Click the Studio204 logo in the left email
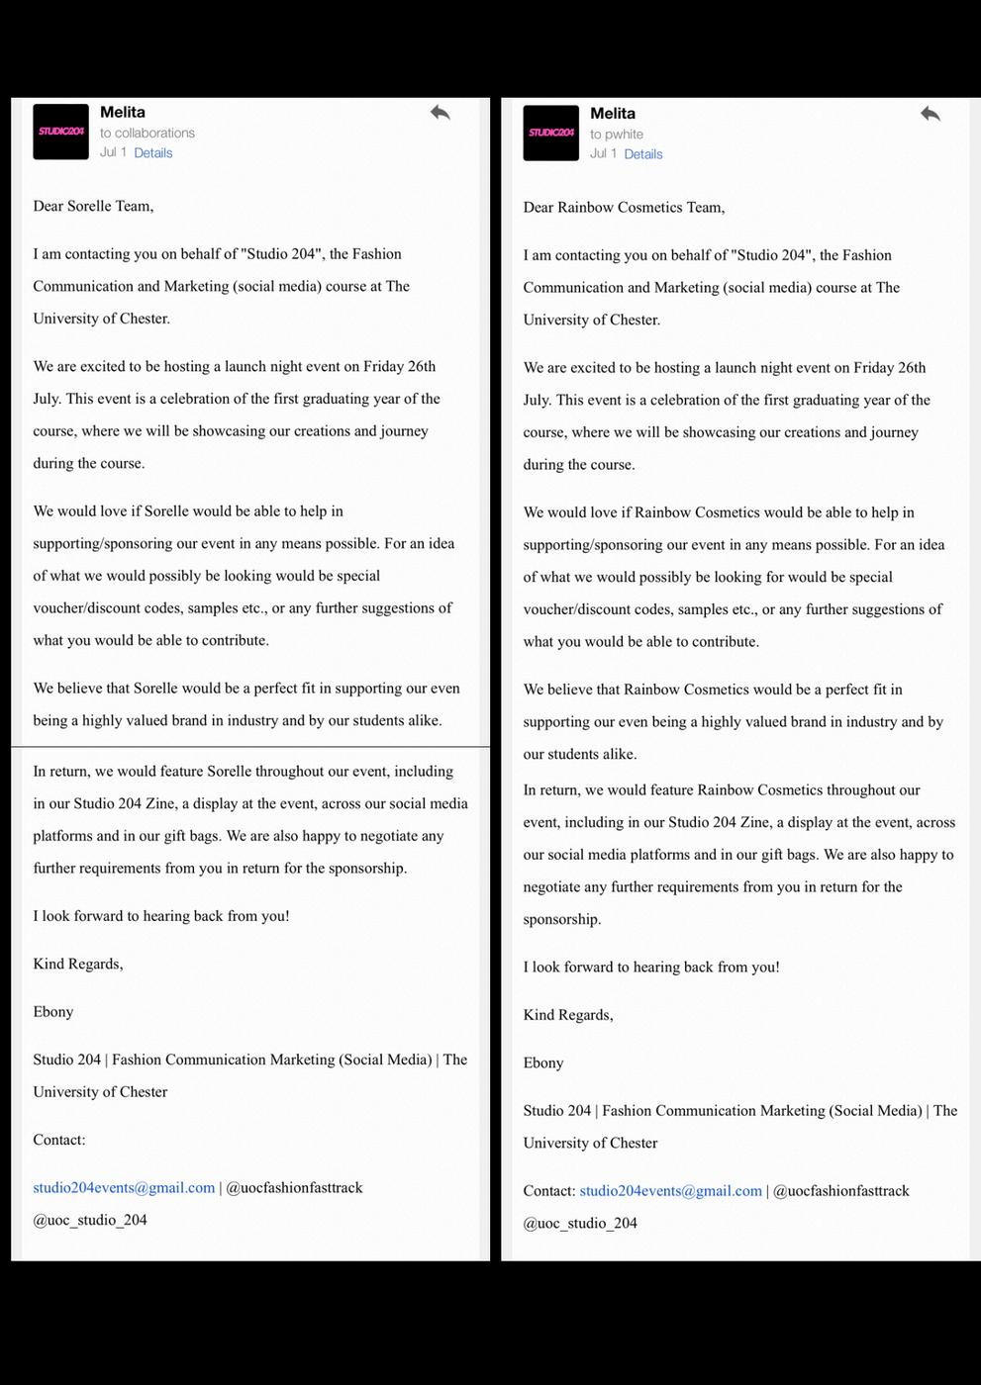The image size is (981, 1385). pos(61,132)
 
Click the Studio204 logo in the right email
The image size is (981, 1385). pos(551,133)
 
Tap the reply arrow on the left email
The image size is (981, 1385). pos(441,113)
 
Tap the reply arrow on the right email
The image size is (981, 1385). pos(931,114)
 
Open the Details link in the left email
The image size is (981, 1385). pos(153,153)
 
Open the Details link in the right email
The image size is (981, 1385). pos(643,154)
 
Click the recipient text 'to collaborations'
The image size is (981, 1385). pos(147,133)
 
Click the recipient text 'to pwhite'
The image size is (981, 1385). pos(617,135)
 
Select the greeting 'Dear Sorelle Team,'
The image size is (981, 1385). pos(93,206)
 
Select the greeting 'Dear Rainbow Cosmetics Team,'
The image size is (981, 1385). pos(624,207)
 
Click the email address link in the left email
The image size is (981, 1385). pos(124,1187)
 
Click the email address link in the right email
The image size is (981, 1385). pos(670,1191)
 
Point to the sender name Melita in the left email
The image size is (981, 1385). pos(123,113)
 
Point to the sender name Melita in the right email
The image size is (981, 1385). pos(613,114)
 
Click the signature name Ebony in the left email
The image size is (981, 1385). pos(53,1012)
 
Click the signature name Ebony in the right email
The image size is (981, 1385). pos(543,1063)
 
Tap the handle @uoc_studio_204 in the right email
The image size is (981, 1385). pos(580,1224)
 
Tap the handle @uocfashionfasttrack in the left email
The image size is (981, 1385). pos(294,1187)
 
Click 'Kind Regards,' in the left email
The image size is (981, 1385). pos(78,964)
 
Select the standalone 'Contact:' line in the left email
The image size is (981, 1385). pos(59,1140)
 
